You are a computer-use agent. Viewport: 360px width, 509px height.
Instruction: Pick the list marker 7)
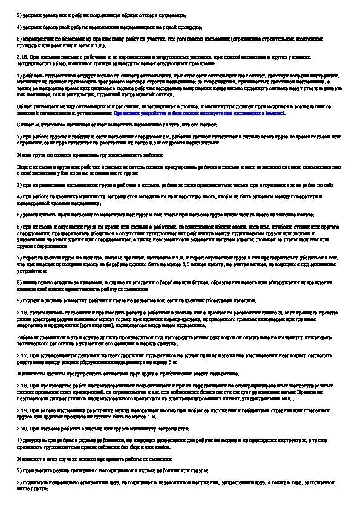tap(18, 257)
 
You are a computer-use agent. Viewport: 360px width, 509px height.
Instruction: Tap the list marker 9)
tap(18, 300)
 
